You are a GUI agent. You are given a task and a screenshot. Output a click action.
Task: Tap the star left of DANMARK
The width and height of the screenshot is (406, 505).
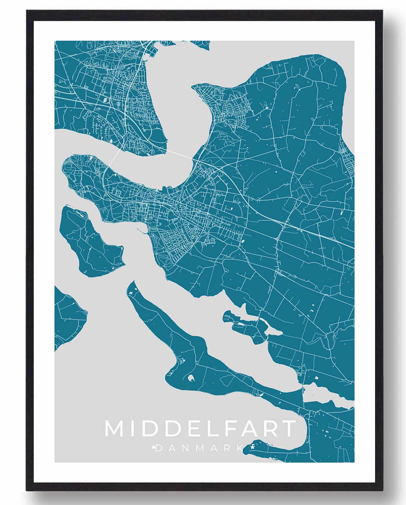coord(153,448)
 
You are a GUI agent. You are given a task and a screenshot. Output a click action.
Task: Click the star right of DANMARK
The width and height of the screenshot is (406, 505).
coord(252,448)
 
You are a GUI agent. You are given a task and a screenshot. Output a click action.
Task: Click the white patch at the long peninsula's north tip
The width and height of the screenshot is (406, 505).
coord(131,291)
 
